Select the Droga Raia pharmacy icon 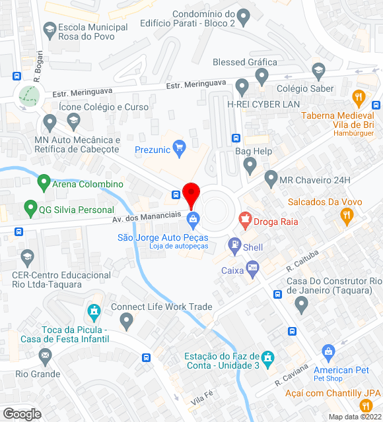(245, 220)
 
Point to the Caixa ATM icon (252, 269)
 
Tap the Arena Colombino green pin (44, 181)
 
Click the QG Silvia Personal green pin (30, 209)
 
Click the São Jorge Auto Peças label (162, 237)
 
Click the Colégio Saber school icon (318, 71)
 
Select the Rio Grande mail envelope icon (46, 357)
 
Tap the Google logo (22, 413)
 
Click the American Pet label (341, 370)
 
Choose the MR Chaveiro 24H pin (271, 178)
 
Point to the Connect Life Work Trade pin (127, 321)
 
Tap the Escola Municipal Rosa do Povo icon (50, 30)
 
